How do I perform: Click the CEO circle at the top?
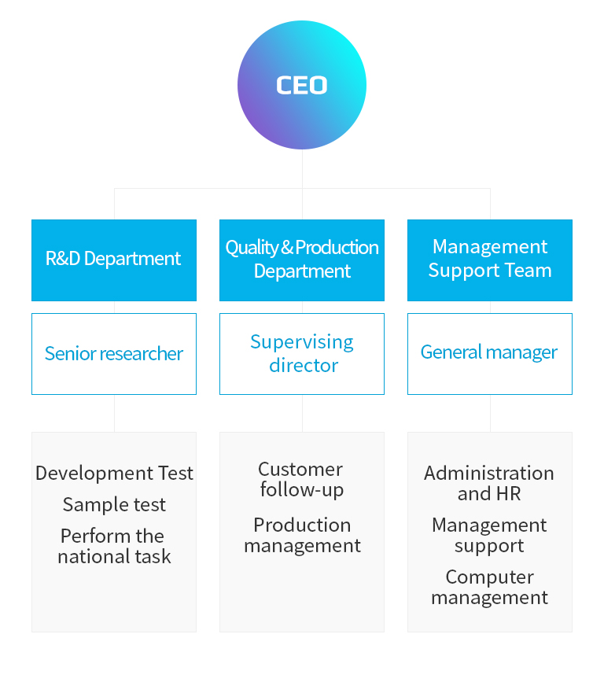coord(302,85)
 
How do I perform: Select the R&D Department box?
coord(114,260)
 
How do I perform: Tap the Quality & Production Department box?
coord(302,260)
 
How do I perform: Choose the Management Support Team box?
coord(490,260)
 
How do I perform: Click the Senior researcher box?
coord(114,354)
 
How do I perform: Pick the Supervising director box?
coord(302,354)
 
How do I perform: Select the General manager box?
coord(490,354)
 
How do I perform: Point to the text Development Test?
coord(114,473)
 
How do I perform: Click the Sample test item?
coord(114,504)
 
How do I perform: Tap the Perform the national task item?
coord(114,546)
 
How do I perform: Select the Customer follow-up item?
coord(301,479)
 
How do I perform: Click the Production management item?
coord(302,535)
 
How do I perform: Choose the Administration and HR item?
coord(489,483)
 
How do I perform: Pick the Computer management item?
coord(490,587)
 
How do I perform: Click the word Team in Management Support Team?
coord(529,270)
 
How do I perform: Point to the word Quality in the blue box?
coord(252,248)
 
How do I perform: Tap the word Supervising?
coord(302,343)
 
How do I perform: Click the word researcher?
coord(142,354)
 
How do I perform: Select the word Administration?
coord(489,474)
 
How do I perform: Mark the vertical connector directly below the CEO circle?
coord(302,169)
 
